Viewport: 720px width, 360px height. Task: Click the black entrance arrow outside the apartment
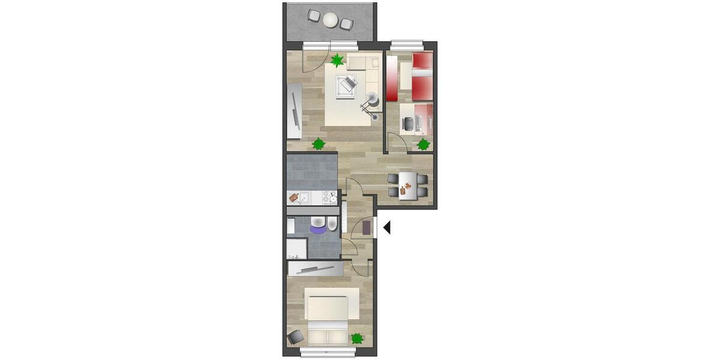click(x=387, y=227)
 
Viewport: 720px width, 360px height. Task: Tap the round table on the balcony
click(x=331, y=20)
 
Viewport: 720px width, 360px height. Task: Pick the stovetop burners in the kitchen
click(x=329, y=197)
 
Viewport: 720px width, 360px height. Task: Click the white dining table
click(x=408, y=185)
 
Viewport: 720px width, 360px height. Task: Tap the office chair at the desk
click(x=408, y=123)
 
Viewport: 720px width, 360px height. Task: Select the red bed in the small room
click(x=422, y=76)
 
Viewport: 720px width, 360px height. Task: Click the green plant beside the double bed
click(x=357, y=338)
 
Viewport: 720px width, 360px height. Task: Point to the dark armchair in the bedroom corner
click(x=295, y=337)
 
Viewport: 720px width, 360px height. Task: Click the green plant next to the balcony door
click(x=337, y=60)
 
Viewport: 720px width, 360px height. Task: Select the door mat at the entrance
click(x=365, y=227)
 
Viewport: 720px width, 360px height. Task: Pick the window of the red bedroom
click(x=406, y=44)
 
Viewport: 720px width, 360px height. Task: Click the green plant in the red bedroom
click(x=424, y=144)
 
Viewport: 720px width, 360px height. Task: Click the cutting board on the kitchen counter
click(x=294, y=197)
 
